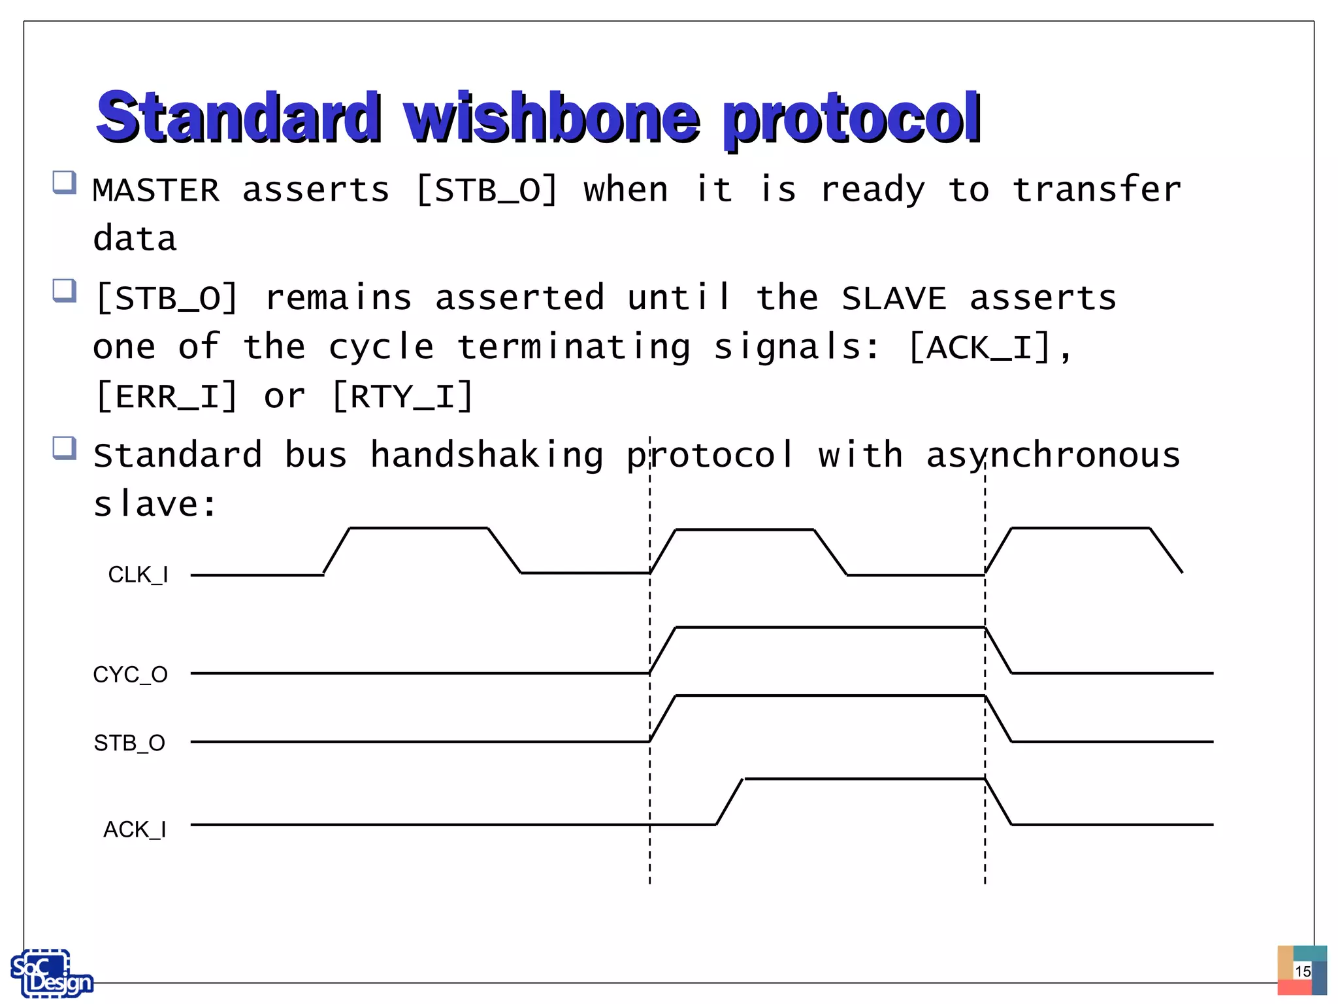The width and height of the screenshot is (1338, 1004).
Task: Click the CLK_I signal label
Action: (138, 575)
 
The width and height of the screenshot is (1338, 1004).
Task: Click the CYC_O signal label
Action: (130, 674)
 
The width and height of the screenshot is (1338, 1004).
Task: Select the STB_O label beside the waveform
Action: (129, 743)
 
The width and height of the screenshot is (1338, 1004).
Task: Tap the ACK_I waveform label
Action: (135, 829)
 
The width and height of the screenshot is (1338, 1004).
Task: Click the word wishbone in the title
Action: (551, 118)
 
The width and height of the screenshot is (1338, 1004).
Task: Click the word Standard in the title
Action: (238, 118)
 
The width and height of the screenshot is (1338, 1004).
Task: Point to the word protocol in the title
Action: (851, 118)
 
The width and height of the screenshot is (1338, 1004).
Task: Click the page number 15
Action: (1302, 971)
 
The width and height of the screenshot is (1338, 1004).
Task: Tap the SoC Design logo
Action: (51, 973)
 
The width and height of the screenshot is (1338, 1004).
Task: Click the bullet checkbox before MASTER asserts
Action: (64, 182)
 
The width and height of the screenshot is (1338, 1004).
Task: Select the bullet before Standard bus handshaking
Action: (64, 448)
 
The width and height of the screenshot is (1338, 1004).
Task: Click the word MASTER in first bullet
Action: (156, 190)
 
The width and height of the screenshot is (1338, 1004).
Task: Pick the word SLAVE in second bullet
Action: (893, 299)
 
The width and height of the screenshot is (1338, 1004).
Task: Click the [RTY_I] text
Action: (402, 397)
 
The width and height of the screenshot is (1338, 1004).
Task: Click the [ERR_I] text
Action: (167, 397)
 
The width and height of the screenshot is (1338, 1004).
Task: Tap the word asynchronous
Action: (1052, 455)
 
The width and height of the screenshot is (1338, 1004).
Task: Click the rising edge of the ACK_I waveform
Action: (730, 801)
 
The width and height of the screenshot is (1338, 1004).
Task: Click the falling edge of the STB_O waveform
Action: (998, 719)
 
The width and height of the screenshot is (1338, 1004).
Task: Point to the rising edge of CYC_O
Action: (662, 650)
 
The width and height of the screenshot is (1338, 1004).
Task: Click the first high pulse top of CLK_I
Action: (418, 527)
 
